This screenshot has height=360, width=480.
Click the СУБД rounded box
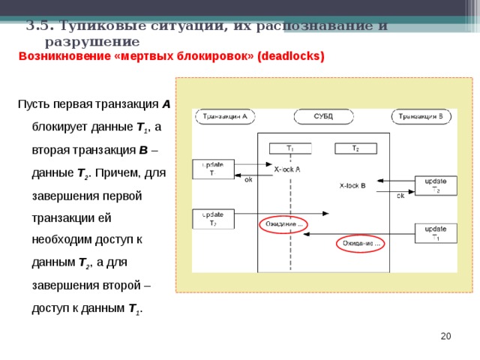(x=323, y=116)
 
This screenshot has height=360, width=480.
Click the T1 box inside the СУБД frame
(x=290, y=148)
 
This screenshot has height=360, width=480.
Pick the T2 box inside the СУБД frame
(x=355, y=148)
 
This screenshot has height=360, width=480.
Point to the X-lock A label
(x=287, y=169)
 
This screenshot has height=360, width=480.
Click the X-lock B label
(x=352, y=184)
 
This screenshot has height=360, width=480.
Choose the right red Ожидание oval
(x=360, y=244)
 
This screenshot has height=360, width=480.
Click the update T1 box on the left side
(x=213, y=169)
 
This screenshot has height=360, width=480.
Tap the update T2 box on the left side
(x=213, y=218)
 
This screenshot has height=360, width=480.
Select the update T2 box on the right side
(x=436, y=185)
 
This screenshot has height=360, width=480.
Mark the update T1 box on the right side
(x=436, y=232)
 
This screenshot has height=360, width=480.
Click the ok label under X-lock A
(x=249, y=180)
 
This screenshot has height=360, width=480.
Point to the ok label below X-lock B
(x=400, y=196)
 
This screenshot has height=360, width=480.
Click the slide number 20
(x=445, y=336)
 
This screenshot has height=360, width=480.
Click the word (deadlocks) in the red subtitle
(x=291, y=56)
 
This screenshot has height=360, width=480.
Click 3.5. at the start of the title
(x=37, y=25)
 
